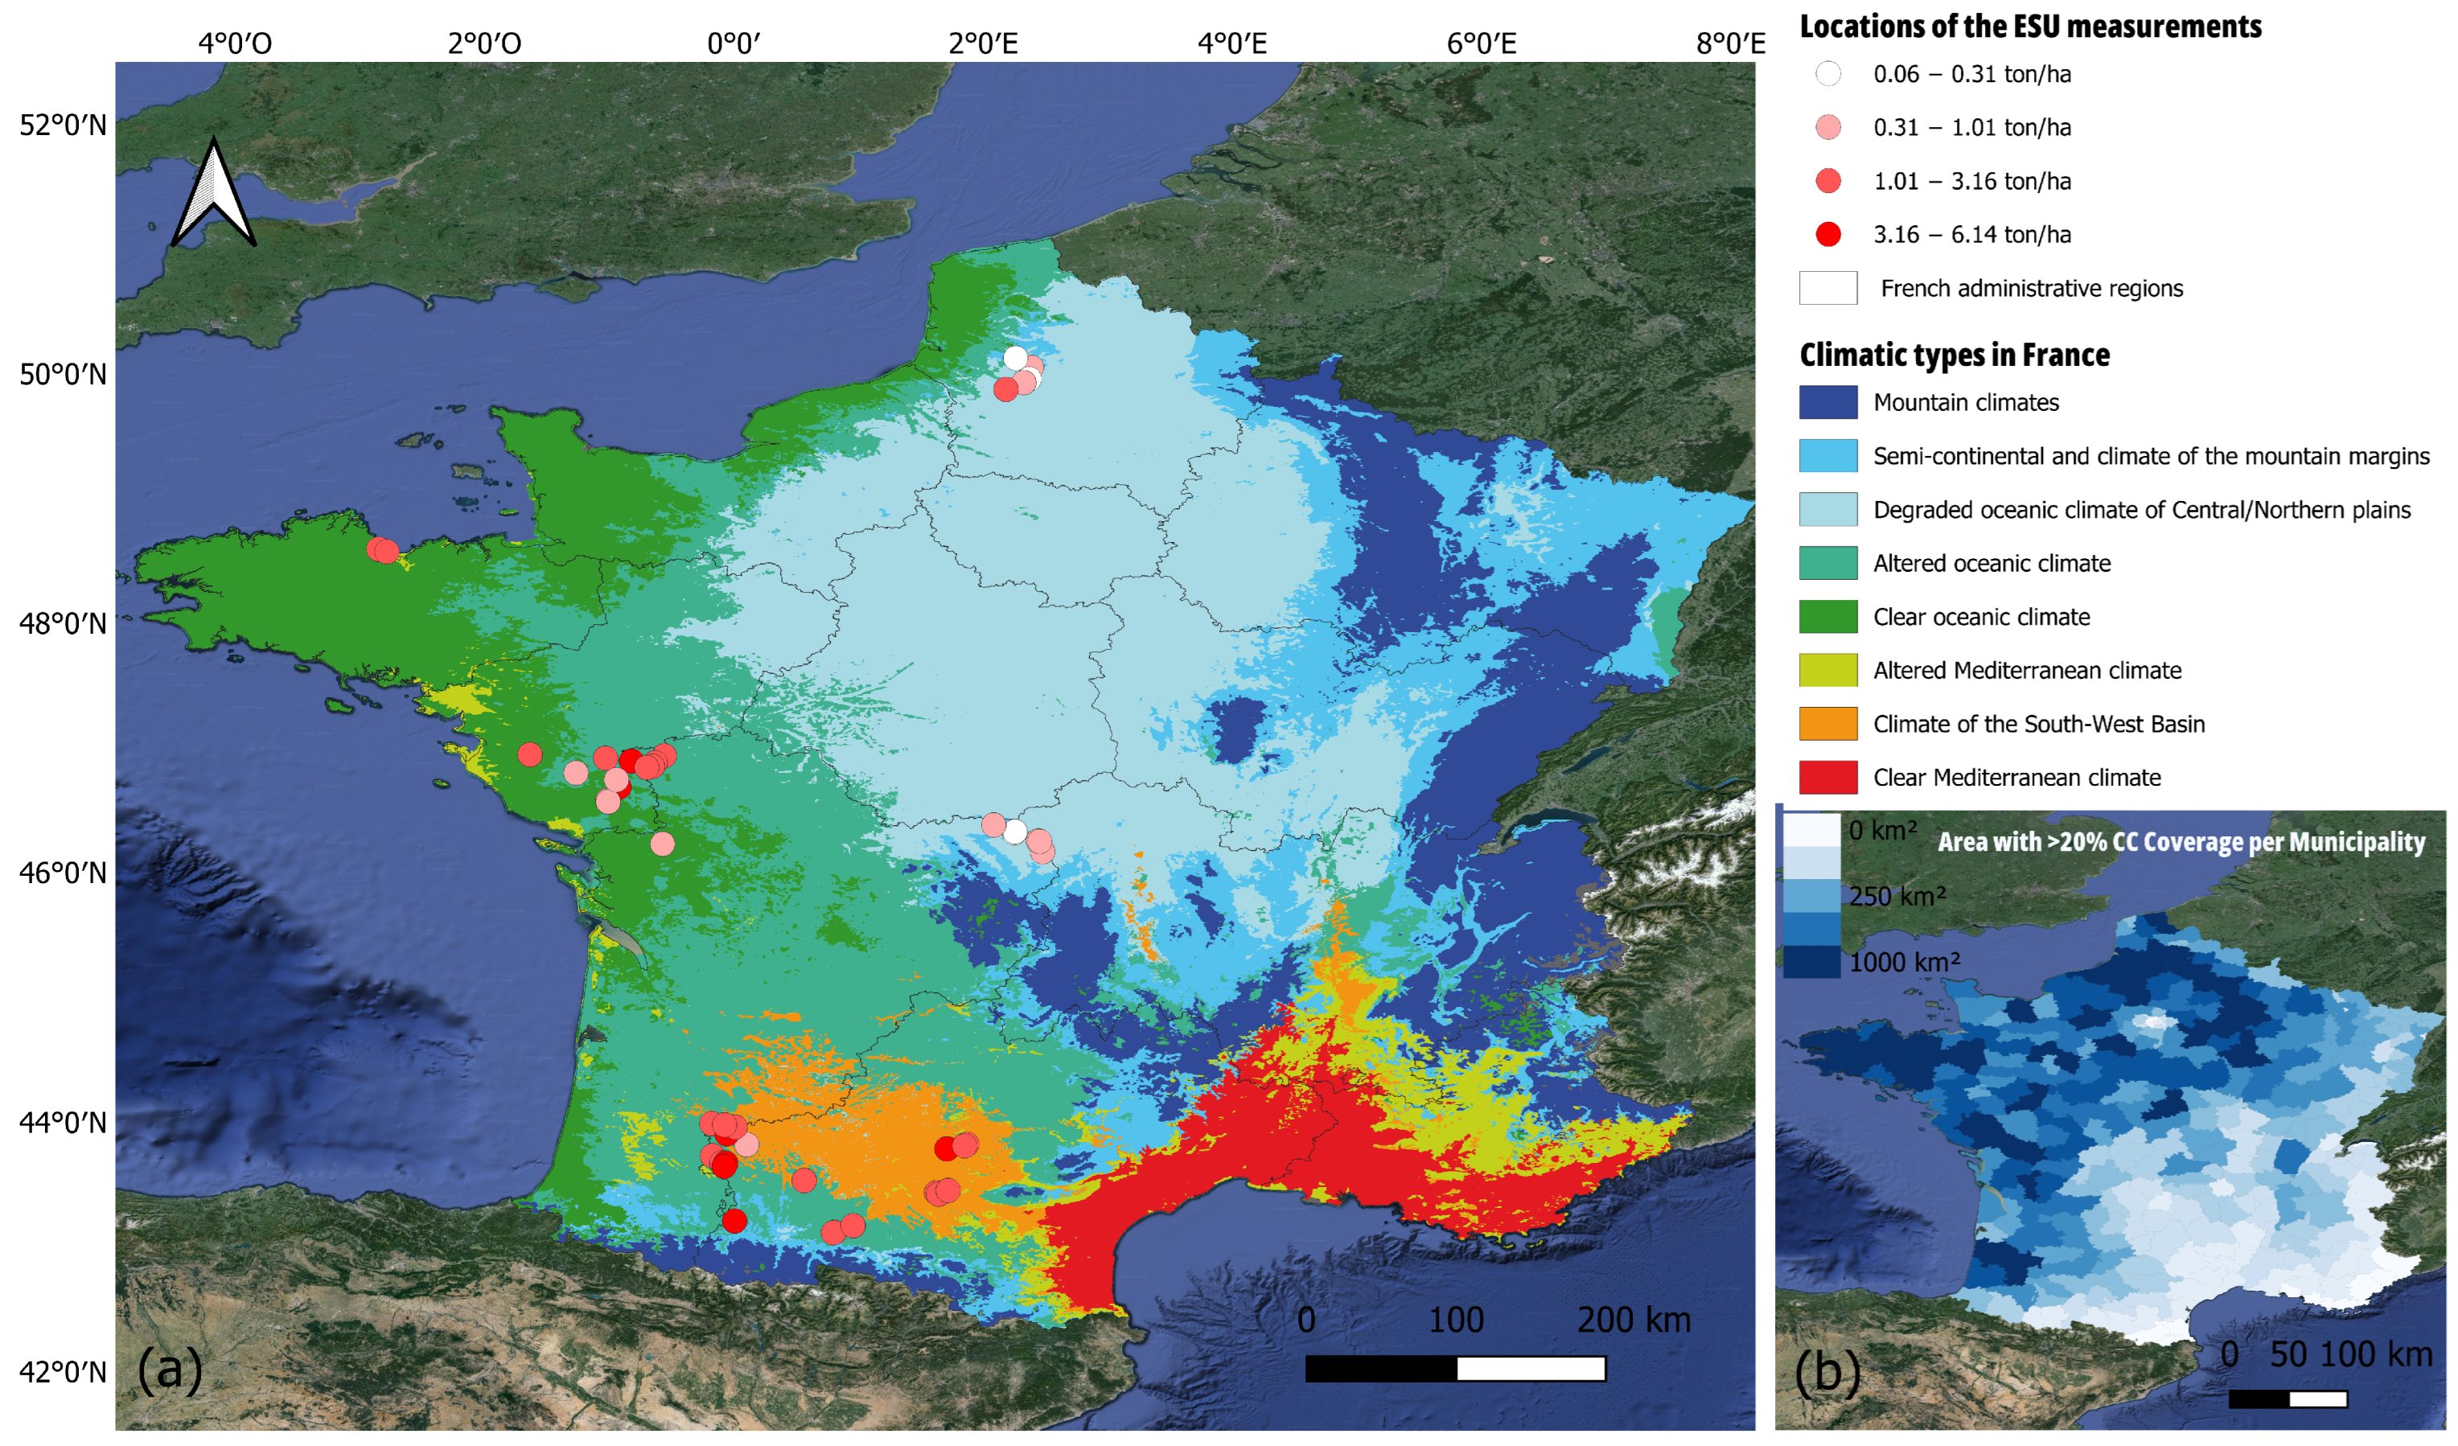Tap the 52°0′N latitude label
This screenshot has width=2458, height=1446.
click(63, 125)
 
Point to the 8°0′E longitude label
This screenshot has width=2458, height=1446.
click(1730, 43)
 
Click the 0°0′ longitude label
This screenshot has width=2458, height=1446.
click(734, 43)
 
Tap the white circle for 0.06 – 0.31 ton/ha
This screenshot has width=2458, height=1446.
click(1828, 73)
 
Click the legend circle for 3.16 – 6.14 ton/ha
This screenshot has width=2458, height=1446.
click(1828, 234)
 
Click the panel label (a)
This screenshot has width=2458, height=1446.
click(170, 1369)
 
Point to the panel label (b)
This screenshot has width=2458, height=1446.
click(1827, 1371)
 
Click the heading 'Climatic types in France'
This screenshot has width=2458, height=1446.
click(1954, 354)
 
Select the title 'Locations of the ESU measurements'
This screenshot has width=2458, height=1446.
click(2030, 27)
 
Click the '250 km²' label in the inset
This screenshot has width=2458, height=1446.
click(1897, 895)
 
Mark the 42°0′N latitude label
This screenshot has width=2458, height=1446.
click(63, 1372)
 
